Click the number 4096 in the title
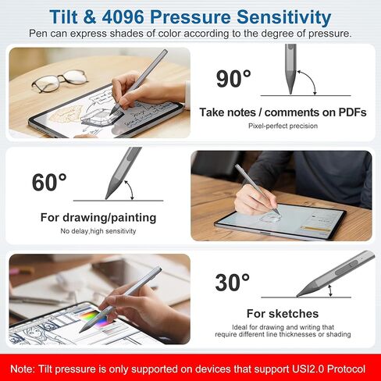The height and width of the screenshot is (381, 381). coord(123,17)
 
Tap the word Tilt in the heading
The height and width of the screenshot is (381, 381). coord(64,17)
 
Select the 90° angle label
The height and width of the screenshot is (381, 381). coord(233,79)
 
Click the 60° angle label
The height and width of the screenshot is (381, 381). coord(49,182)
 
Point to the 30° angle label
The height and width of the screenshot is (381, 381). coord(233,283)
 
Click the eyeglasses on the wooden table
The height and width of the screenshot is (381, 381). coord(59,80)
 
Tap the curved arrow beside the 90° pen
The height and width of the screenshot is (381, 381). coord(308,80)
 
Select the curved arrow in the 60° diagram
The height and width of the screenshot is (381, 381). coord(130,190)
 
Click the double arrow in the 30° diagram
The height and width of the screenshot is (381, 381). coord(330,290)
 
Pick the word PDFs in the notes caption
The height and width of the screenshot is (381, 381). coord(352,112)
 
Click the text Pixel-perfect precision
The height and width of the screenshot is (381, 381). coord(283,126)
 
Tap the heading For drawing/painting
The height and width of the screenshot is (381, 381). coord(98,218)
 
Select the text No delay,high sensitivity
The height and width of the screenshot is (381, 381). coord(98,231)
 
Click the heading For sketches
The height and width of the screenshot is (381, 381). coord(283,314)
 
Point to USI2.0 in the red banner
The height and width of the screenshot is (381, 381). coord(308,369)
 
